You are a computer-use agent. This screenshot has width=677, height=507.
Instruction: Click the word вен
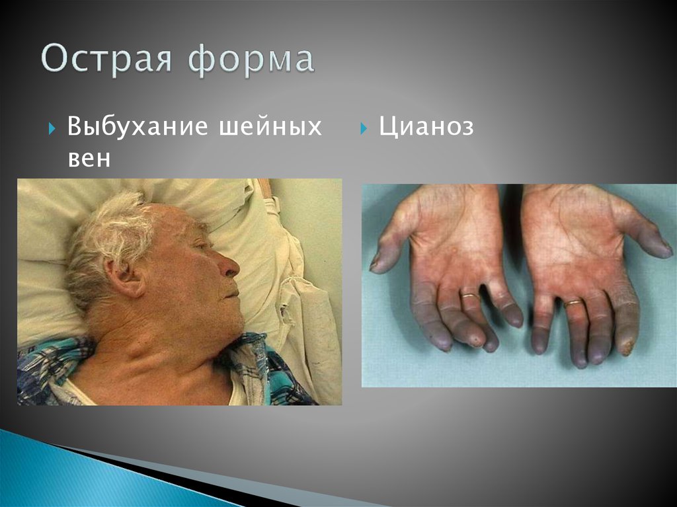pyautogui.click(x=89, y=159)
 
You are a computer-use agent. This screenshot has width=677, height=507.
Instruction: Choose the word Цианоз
pyautogui.click(x=426, y=126)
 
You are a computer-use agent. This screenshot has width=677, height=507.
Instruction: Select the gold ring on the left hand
pyautogui.click(x=470, y=295)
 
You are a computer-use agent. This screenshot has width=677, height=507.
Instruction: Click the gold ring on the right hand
pyautogui.click(x=573, y=303)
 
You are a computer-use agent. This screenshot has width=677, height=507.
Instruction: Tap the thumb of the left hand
pyautogui.click(x=390, y=241)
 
